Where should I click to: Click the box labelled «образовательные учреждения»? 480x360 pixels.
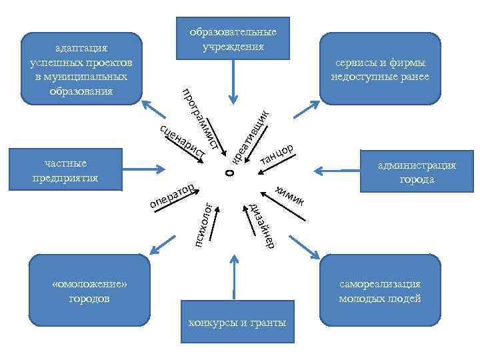pyautogui.click(x=233, y=39)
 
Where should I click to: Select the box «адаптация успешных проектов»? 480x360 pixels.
pyautogui.click(x=81, y=69)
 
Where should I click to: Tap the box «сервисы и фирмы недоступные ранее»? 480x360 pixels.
pyautogui.click(x=379, y=69)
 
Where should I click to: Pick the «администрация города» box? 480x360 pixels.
pyautogui.click(x=416, y=172)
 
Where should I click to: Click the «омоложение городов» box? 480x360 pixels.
pyautogui.click(x=89, y=291)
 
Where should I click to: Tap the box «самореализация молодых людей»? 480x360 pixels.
pyautogui.click(x=379, y=291)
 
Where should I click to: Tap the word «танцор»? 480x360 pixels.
pyautogui.click(x=277, y=153)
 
